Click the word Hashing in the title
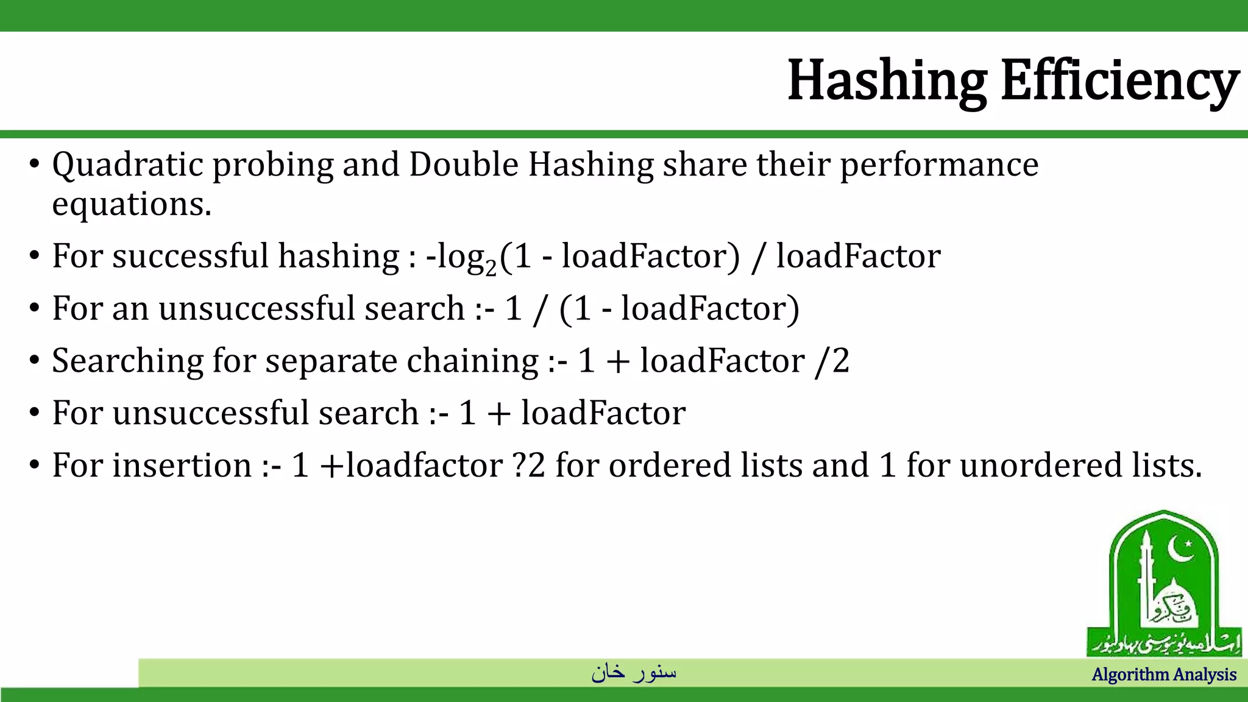(x=887, y=81)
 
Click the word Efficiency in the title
(x=1119, y=81)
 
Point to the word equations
(x=131, y=205)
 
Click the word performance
(x=939, y=166)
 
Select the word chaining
(x=472, y=361)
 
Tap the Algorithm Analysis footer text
(x=1163, y=675)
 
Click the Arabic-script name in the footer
(x=634, y=672)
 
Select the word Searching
(x=127, y=361)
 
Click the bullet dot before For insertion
(x=34, y=467)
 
